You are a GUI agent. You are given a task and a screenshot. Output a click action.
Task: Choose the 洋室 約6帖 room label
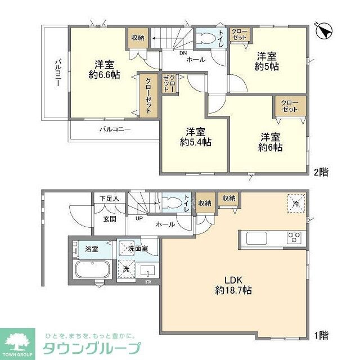pyautogui.click(x=270, y=141)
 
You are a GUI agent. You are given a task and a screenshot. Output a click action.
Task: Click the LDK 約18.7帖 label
pyautogui.click(x=232, y=285)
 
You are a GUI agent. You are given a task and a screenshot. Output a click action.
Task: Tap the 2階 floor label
pyautogui.click(x=321, y=172)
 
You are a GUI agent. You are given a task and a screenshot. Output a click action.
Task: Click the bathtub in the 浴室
pyautogui.click(x=92, y=269)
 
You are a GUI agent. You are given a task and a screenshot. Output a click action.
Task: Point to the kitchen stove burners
pyautogui.click(x=294, y=237)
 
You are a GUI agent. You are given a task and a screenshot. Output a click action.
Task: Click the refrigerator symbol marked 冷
pyautogui.click(x=296, y=204)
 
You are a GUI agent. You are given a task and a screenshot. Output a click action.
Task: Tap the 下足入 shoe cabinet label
pyautogui.click(x=109, y=199)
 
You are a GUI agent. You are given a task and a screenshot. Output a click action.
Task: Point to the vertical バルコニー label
pyautogui.click(x=57, y=73)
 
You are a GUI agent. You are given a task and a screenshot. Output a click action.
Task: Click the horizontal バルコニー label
pyautogui.click(x=115, y=129)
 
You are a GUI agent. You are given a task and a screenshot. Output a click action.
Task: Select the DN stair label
pyautogui.click(x=183, y=54)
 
